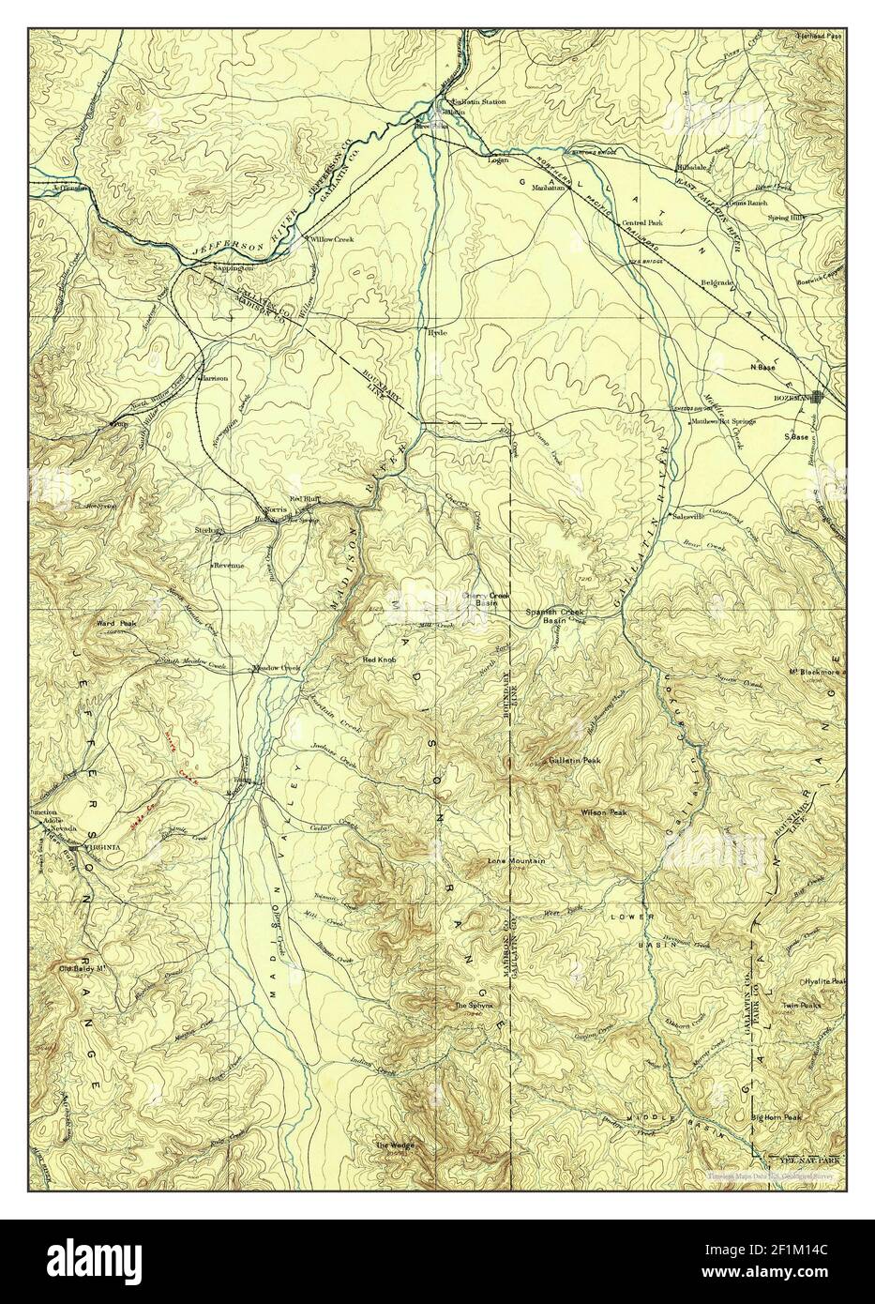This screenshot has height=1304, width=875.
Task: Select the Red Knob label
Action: point(381,660)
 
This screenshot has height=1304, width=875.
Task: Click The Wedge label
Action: point(394,1145)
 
